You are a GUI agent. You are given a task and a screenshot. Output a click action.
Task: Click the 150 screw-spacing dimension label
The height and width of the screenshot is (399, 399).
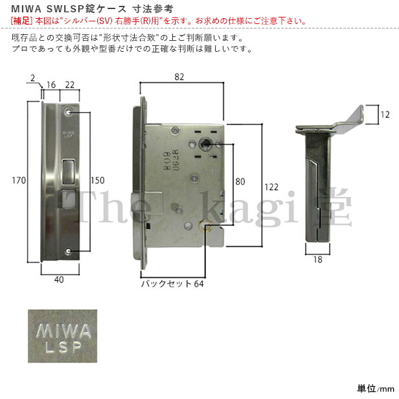pos(97,181)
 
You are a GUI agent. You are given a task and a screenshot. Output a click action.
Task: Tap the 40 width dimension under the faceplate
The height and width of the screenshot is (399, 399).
pos(59,280)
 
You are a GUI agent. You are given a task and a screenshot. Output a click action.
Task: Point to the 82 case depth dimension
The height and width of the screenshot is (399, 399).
pos(179,77)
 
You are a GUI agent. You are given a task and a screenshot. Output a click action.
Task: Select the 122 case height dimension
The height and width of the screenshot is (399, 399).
pos(271,187)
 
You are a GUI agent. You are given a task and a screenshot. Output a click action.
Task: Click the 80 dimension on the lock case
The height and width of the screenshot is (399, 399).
pos(240,181)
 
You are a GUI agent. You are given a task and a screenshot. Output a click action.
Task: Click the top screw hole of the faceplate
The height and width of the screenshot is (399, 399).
pos(69,111)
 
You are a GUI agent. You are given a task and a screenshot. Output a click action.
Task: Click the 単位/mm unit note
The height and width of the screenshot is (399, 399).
pos(375,389)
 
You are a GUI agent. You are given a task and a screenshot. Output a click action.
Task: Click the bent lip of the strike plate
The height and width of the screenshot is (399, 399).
pos(355,116)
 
